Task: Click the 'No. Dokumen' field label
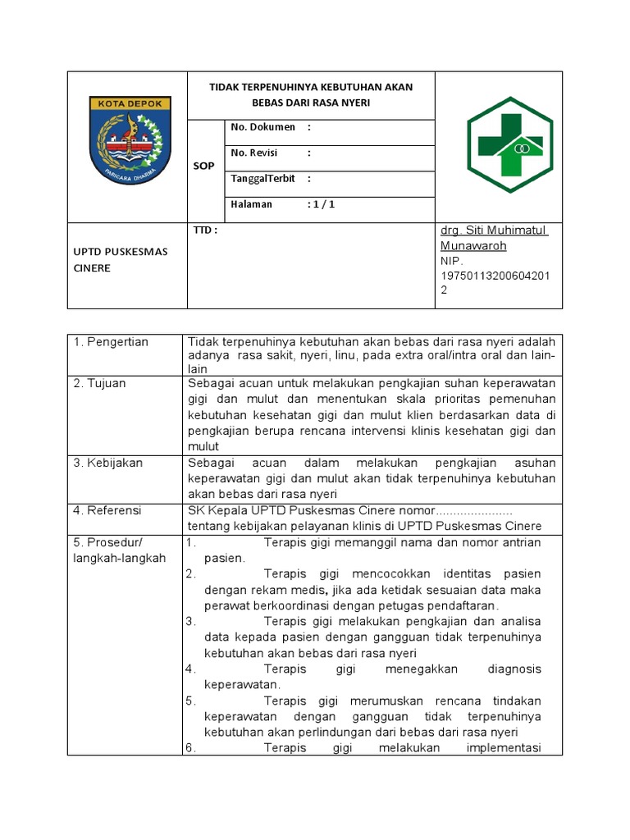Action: [x=262, y=127]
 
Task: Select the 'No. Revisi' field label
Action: [x=254, y=153]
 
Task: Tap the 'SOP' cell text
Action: [x=203, y=166]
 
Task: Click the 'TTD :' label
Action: [x=205, y=231]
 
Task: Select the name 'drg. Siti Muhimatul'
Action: [x=493, y=231]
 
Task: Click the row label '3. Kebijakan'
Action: [x=108, y=463]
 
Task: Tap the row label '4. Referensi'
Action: [x=107, y=510]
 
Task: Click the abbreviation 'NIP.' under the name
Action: [x=452, y=261]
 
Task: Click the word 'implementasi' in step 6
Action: [x=503, y=748]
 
